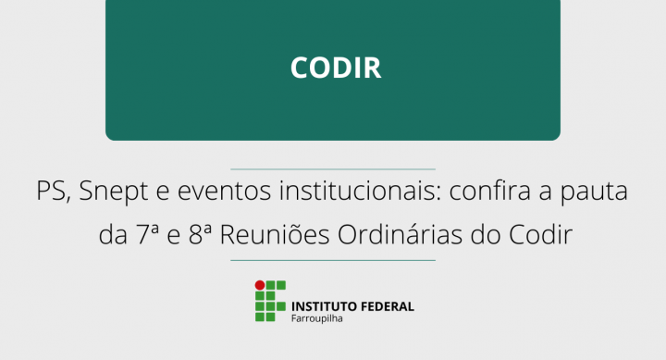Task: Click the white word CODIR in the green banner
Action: pyautogui.click(x=335, y=68)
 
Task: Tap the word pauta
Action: pyautogui.click(x=597, y=193)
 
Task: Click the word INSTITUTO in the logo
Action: pyautogui.click(x=320, y=306)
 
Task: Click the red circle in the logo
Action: pyautogui.click(x=260, y=285)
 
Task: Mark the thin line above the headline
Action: pyautogui.click(x=333, y=169)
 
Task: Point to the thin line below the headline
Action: pyautogui.click(x=333, y=260)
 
